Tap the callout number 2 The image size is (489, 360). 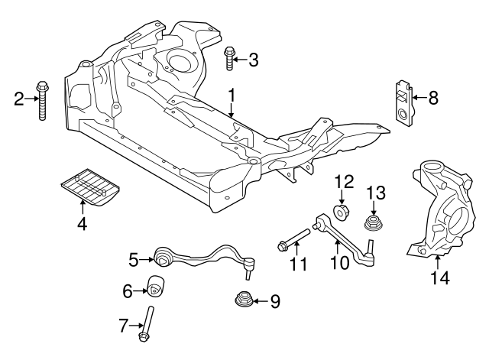pos(19,97)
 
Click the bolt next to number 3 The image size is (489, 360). pos(229,58)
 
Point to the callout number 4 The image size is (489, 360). pos(82,224)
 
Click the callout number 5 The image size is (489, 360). pos(133,259)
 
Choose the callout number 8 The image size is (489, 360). pos(433,98)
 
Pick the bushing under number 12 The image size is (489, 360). pos(343,210)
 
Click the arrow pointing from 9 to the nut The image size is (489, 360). pos(261,300)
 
